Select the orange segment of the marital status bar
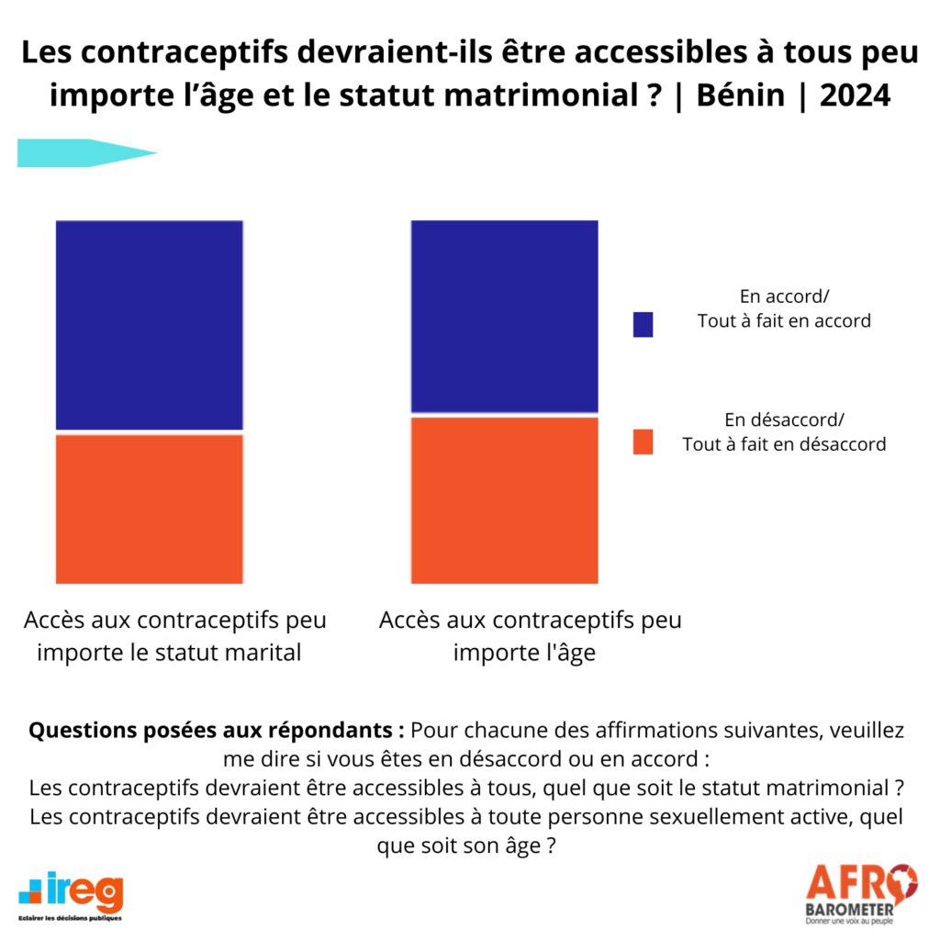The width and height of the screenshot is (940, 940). [x=150, y=509]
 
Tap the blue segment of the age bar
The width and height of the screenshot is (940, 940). [x=504, y=316]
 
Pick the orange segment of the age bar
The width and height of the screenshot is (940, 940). [x=504, y=500]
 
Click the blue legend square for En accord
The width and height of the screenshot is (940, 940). [x=643, y=324]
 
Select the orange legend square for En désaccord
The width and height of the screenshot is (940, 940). [x=643, y=443]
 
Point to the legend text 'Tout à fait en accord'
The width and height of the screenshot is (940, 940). [x=784, y=321]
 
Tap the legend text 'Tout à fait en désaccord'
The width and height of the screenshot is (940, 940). [x=784, y=444]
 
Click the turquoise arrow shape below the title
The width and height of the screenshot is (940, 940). [x=87, y=153]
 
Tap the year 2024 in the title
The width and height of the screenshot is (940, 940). [x=855, y=95]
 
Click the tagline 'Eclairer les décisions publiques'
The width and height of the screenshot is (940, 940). [x=70, y=917]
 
